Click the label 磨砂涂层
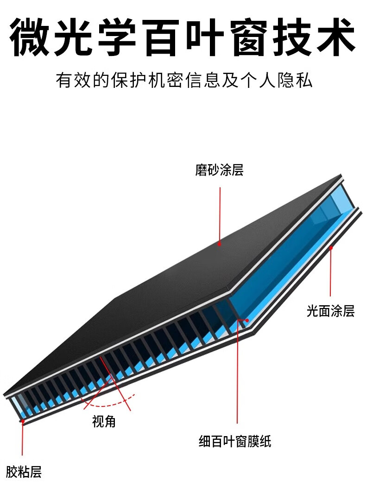pyautogui.click(x=219, y=170)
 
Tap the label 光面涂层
pyautogui.click(x=330, y=311)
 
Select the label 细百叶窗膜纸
pyautogui.click(x=235, y=441)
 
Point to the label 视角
pyautogui.click(x=104, y=421)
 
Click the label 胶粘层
pyautogui.click(x=24, y=472)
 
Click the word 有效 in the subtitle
pyautogui.click(x=74, y=80)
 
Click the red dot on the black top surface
pyautogui.click(x=220, y=243)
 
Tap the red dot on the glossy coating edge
pyautogui.click(x=331, y=248)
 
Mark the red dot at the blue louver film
pyautogui.click(x=247, y=320)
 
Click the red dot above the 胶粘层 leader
pyautogui.click(x=22, y=421)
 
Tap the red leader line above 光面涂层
pyautogui.click(x=331, y=273)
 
